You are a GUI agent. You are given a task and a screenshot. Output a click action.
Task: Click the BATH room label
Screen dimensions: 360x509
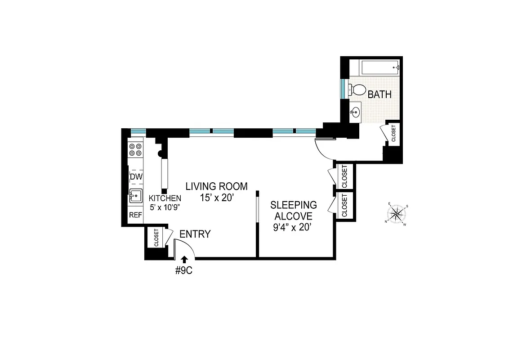tap(380, 95)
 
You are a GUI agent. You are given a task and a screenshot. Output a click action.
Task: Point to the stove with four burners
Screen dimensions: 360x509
tap(136, 149)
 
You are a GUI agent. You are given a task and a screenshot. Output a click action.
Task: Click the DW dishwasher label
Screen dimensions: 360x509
tap(136, 177)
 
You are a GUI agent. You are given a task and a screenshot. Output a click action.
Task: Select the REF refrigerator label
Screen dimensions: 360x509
tap(136, 216)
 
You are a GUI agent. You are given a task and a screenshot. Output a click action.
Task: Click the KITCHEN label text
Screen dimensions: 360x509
tap(165, 198)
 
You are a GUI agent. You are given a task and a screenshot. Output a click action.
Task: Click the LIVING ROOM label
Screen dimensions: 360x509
tap(217, 186)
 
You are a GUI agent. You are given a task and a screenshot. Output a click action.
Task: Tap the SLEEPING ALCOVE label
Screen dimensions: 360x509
tap(293, 210)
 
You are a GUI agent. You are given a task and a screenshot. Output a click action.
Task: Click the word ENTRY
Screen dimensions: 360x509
tap(195, 234)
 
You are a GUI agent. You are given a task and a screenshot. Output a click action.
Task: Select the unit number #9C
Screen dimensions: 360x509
tap(184, 271)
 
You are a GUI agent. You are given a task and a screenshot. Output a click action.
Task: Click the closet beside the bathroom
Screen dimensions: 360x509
tap(393, 134)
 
